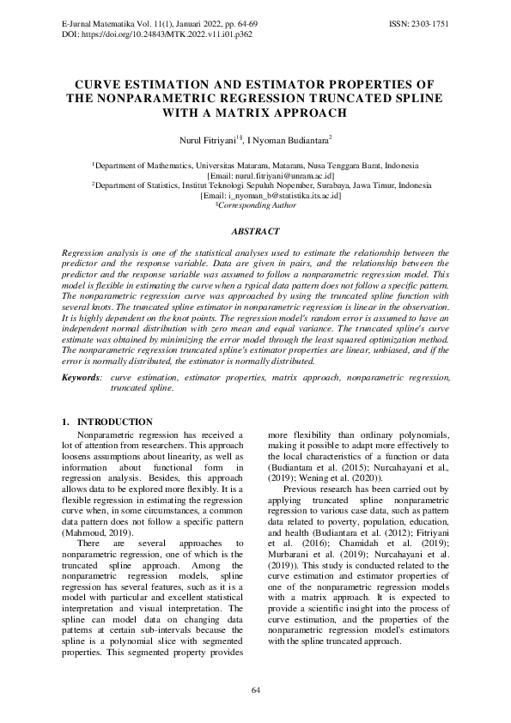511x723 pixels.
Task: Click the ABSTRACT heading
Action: (255, 232)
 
